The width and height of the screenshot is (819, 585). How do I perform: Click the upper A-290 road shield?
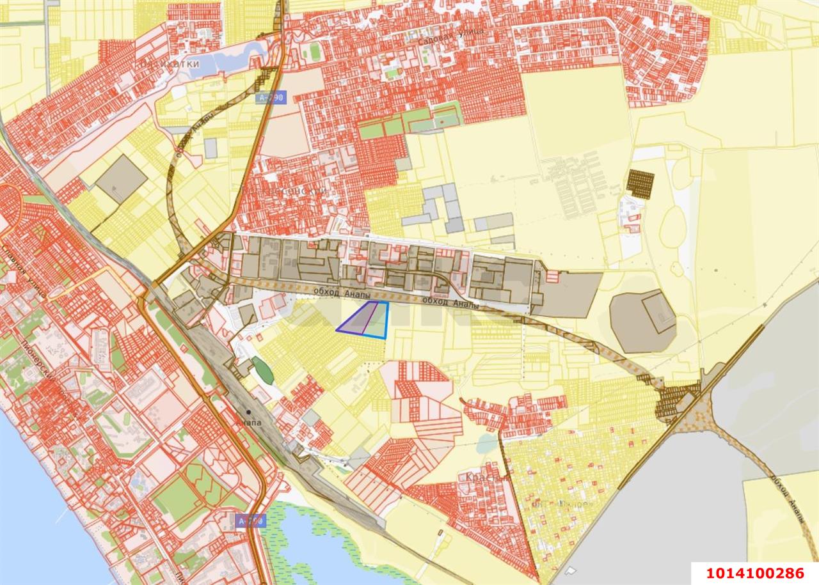[271, 98]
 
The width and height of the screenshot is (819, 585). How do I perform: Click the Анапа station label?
[248, 423]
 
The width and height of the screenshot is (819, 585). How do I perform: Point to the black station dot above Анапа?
[248, 412]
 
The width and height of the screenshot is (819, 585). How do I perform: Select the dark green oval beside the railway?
[262, 371]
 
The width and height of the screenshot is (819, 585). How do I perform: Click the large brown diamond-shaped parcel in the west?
[121, 179]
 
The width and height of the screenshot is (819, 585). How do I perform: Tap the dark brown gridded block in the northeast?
[640, 184]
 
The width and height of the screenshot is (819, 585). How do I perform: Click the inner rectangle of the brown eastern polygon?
[659, 313]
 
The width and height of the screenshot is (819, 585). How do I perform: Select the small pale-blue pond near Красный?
[487, 443]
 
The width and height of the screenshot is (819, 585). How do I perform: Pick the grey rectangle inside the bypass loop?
[211, 148]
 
